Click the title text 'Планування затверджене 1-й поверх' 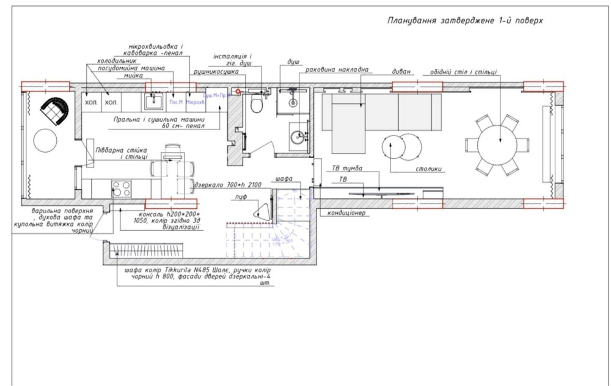(465, 20)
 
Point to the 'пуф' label (241, 197)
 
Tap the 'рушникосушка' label (212, 73)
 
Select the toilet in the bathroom (257, 105)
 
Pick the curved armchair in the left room (54, 111)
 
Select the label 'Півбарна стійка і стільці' (121, 153)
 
